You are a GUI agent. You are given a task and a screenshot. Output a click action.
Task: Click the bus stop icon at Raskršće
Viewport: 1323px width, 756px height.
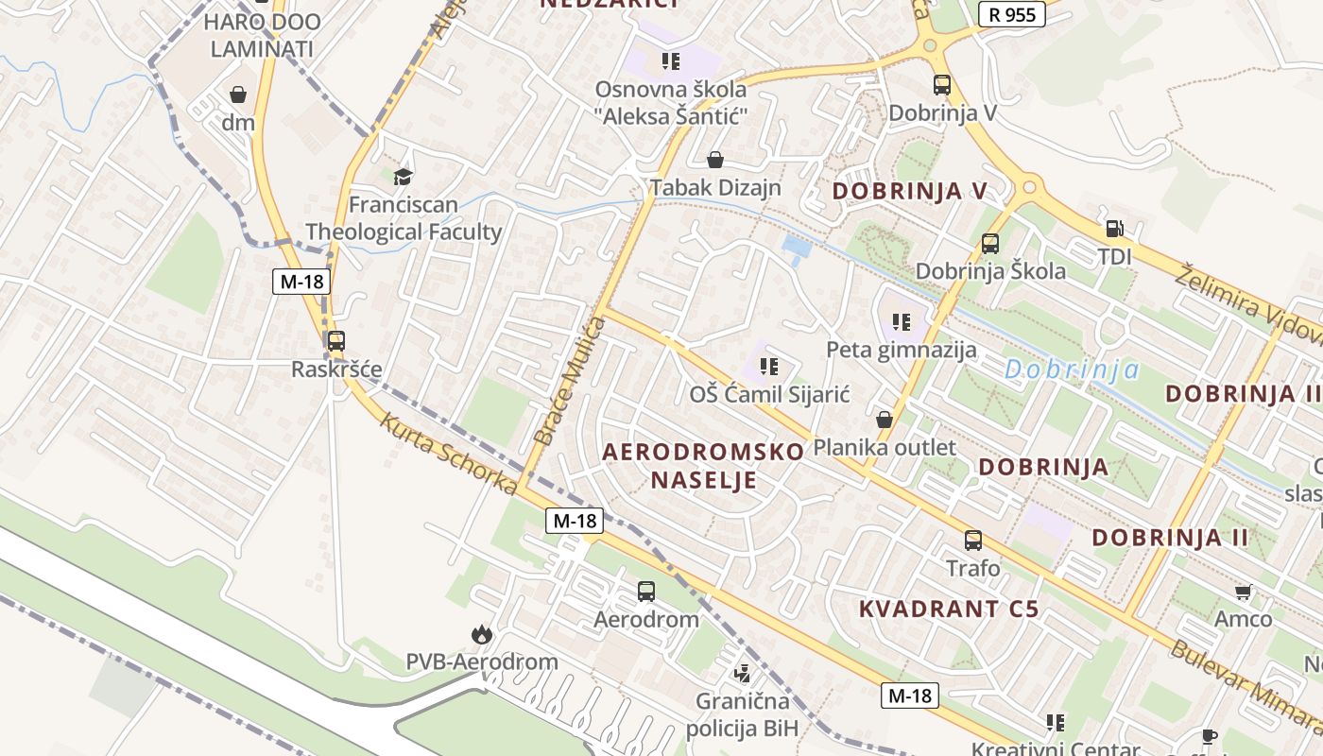pos(335,341)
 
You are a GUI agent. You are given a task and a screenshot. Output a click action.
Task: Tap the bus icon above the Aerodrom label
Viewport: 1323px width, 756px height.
pos(646,592)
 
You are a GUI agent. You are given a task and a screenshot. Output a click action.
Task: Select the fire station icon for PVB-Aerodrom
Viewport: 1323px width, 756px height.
pos(482,634)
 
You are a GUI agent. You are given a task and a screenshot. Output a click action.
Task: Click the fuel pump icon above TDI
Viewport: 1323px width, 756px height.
pos(1115,229)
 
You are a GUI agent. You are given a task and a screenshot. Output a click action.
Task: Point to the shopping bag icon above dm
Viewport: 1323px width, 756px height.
pos(238,94)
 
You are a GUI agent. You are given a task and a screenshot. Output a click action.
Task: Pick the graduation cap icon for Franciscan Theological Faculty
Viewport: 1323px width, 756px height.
pos(404,177)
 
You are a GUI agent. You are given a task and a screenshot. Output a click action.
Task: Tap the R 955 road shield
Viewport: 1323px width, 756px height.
pos(1011,14)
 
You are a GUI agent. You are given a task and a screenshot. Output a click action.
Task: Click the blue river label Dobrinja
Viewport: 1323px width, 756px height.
pos(1072,369)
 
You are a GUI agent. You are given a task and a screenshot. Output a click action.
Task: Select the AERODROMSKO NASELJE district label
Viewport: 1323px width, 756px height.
pos(703,465)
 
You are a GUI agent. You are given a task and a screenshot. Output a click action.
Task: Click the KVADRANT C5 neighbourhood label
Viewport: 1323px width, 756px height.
pos(949,609)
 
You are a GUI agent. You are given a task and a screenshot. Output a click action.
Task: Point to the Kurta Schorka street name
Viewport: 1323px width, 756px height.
pos(448,452)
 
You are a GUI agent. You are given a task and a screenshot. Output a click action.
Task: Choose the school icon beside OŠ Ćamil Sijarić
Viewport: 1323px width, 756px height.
pos(769,366)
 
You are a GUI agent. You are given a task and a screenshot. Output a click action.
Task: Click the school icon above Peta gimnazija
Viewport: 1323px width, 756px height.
pos(902,322)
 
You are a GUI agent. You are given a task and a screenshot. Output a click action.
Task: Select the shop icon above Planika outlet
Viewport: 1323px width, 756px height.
pos(885,419)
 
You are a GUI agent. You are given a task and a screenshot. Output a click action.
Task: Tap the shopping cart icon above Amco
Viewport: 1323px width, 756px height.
pos(1244,592)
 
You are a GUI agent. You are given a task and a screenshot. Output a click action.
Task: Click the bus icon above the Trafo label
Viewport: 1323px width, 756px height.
pos(973,541)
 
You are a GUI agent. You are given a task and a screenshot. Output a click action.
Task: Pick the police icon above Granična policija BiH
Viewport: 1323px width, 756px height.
pos(742,674)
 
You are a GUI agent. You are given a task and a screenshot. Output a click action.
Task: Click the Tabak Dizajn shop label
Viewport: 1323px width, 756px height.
pos(716,187)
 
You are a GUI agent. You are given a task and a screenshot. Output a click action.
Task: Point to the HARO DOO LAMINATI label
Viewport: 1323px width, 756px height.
pos(262,35)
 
